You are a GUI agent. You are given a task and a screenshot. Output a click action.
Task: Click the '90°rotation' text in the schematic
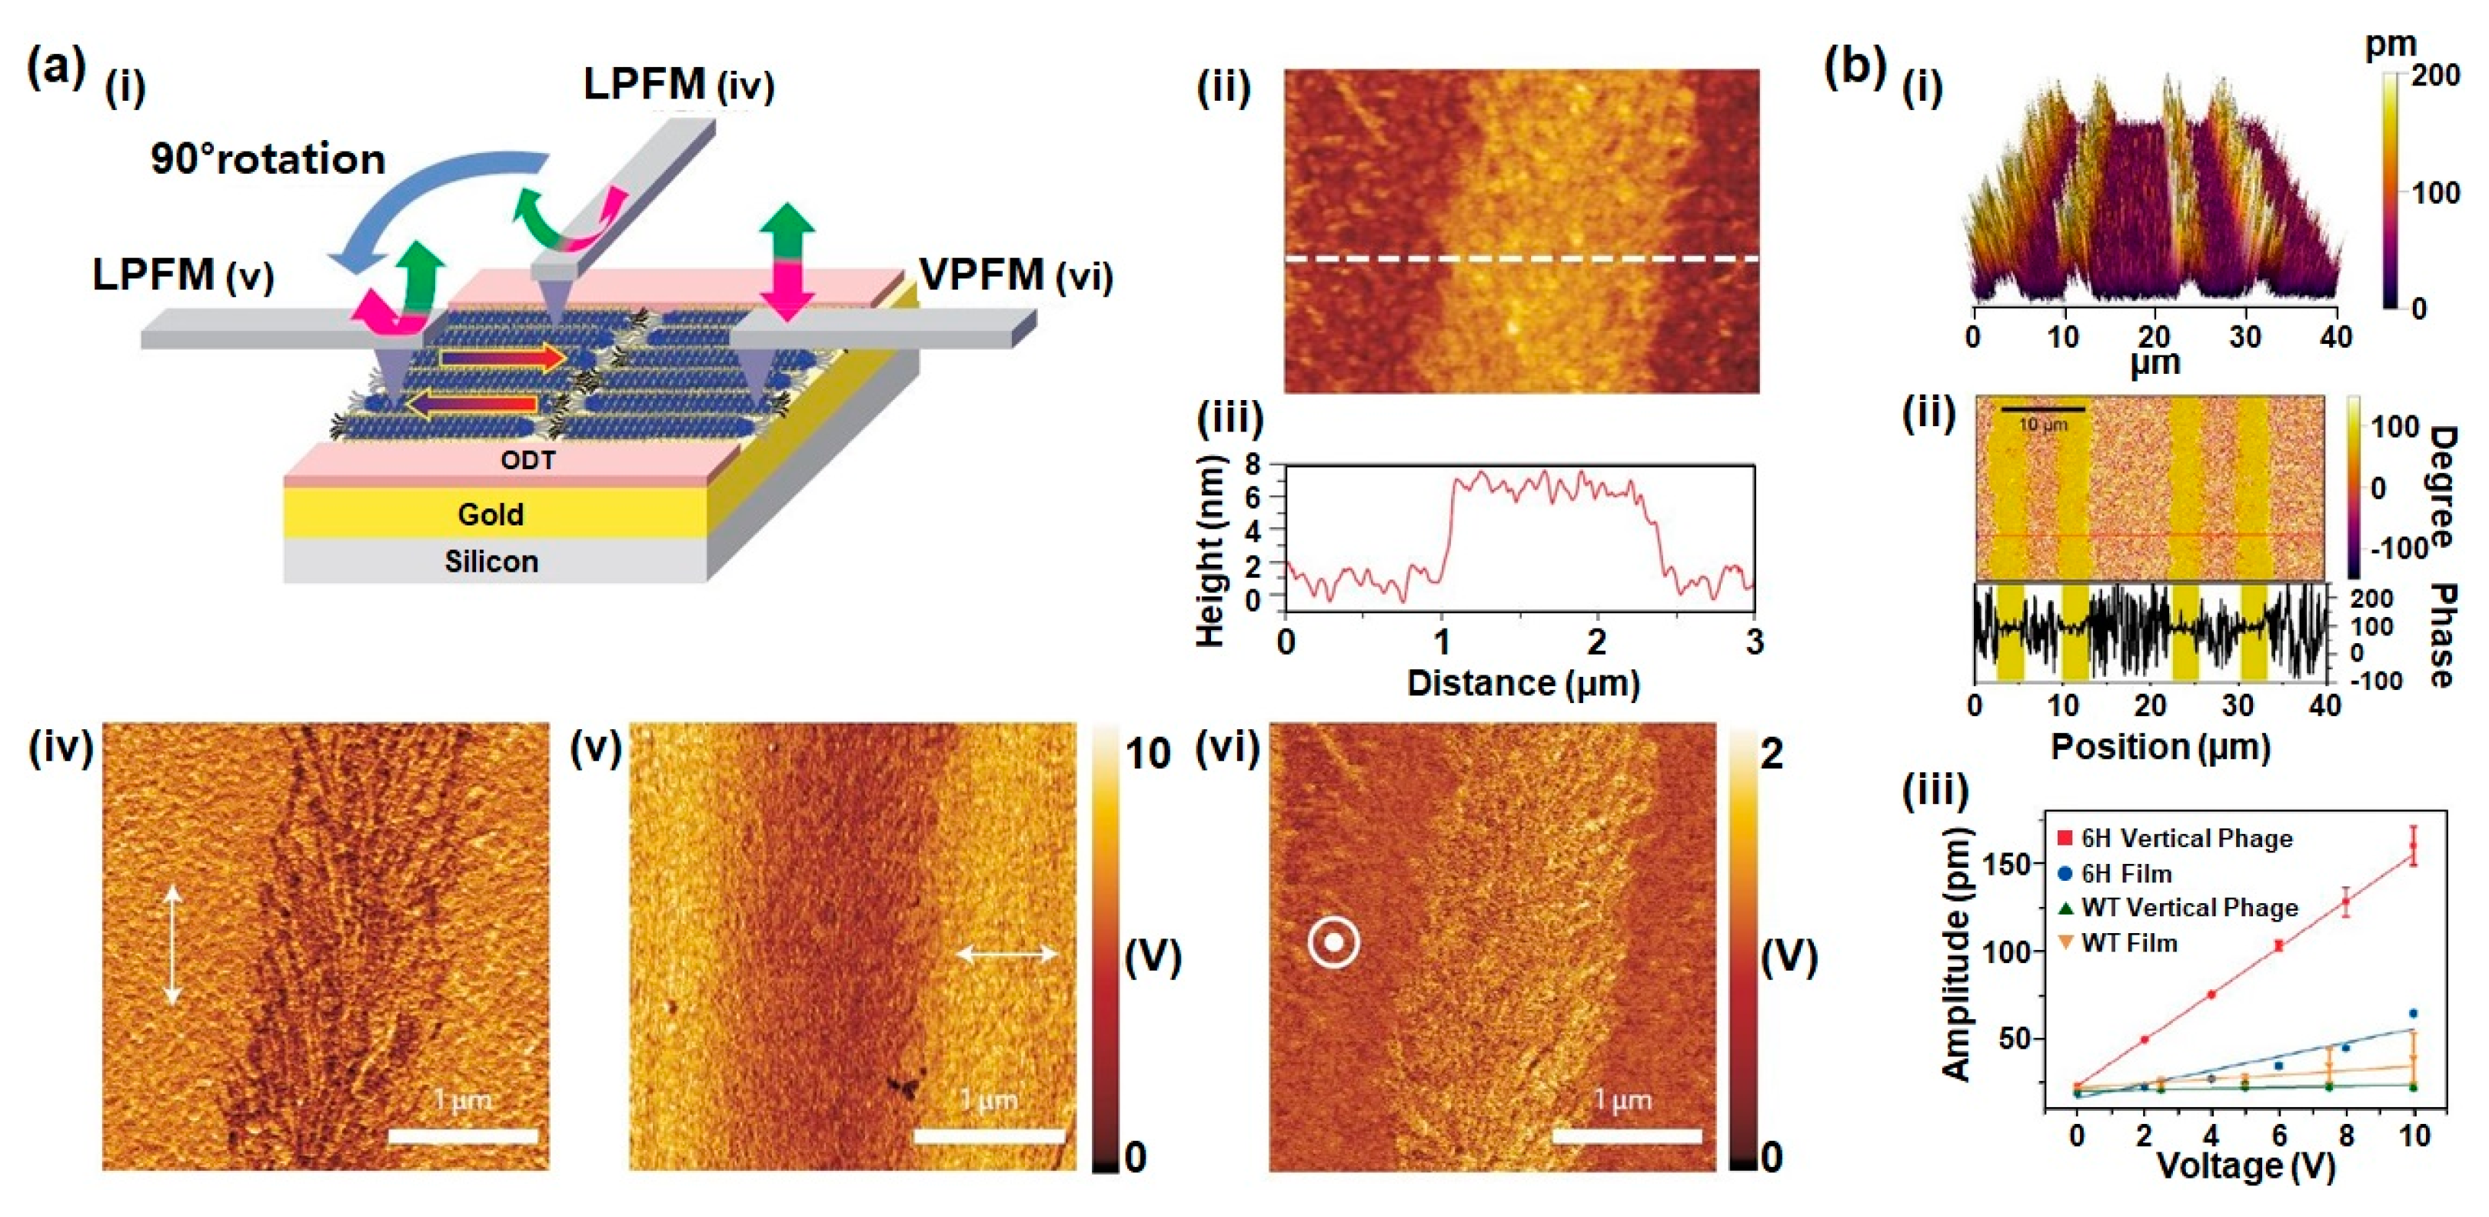[x=268, y=158]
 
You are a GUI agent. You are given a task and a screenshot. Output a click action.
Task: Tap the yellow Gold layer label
[x=490, y=514]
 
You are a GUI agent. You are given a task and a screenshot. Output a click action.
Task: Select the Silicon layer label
[x=491, y=562]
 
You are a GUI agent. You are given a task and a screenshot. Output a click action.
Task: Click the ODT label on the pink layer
[x=527, y=460]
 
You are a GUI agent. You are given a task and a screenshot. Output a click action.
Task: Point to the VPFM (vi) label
[x=1014, y=275]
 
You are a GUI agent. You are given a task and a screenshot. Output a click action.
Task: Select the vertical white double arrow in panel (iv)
[x=172, y=945]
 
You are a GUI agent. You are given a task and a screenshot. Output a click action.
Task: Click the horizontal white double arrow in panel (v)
[x=1007, y=954]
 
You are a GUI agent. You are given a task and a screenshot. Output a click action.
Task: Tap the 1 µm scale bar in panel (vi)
[x=1626, y=1135]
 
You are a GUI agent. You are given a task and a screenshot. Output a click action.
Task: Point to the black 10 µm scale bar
[x=2041, y=410]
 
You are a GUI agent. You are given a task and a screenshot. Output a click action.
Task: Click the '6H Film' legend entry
[x=2126, y=874]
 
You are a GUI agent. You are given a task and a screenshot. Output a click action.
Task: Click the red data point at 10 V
[x=2413, y=845]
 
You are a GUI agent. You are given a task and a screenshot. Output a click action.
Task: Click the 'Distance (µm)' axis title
[x=1522, y=683]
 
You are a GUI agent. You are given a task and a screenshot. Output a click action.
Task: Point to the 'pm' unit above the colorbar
[x=2391, y=45]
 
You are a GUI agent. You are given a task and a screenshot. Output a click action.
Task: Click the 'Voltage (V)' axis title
[x=2245, y=1165]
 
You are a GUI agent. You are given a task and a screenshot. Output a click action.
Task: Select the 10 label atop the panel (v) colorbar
[x=1147, y=754]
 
